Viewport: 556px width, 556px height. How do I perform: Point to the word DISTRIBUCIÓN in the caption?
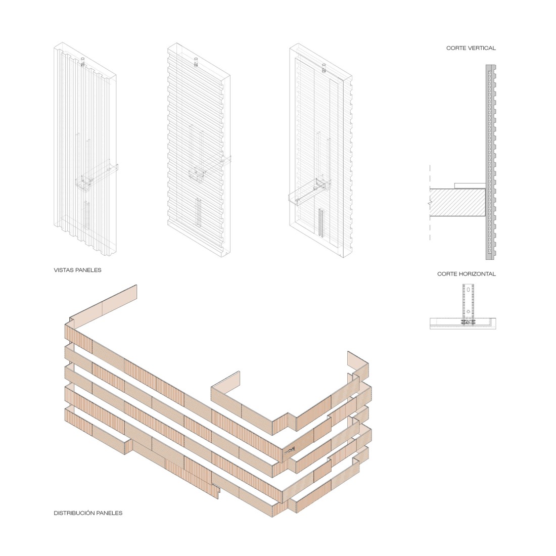[x=74, y=513]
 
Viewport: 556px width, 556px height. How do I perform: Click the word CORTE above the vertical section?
[x=456, y=48]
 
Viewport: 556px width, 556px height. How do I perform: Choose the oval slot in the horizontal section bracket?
[x=469, y=291]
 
